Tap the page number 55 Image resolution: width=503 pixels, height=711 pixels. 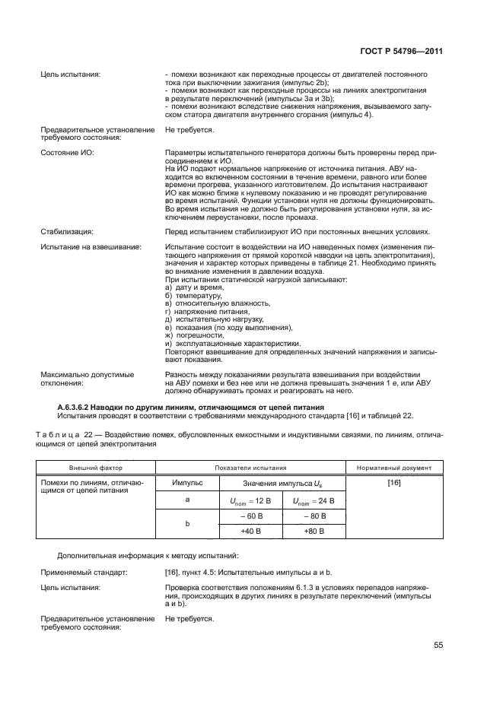tap(438, 646)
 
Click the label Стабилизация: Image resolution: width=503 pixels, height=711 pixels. tap(67, 231)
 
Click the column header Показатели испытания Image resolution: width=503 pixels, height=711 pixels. tap(250, 467)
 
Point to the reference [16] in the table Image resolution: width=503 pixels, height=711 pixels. tap(394, 483)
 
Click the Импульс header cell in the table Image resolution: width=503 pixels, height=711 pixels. tap(186, 483)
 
